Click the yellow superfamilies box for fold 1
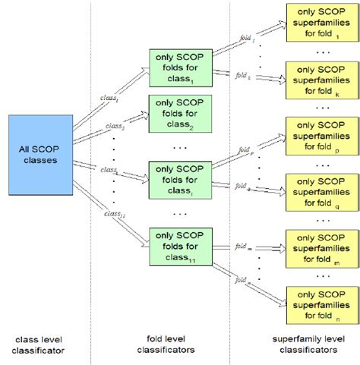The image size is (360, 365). (319, 22)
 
